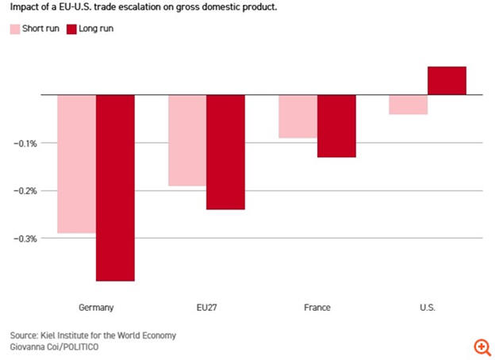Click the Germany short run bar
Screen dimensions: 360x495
tap(77, 164)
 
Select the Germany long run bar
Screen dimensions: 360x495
tap(115, 188)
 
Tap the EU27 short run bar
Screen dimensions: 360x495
tap(187, 140)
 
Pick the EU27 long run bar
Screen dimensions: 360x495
tap(225, 152)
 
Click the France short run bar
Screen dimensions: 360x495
tap(298, 117)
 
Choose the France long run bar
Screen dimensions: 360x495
tap(336, 126)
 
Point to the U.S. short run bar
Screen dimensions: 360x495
tap(409, 105)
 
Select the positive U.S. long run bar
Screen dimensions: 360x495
tap(447, 81)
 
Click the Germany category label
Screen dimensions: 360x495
tap(96, 307)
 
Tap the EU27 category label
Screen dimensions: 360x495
tap(206, 307)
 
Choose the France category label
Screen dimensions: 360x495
tap(317, 307)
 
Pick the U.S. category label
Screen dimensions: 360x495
tap(427, 307)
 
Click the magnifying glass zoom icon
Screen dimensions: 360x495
tap(482, 347)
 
